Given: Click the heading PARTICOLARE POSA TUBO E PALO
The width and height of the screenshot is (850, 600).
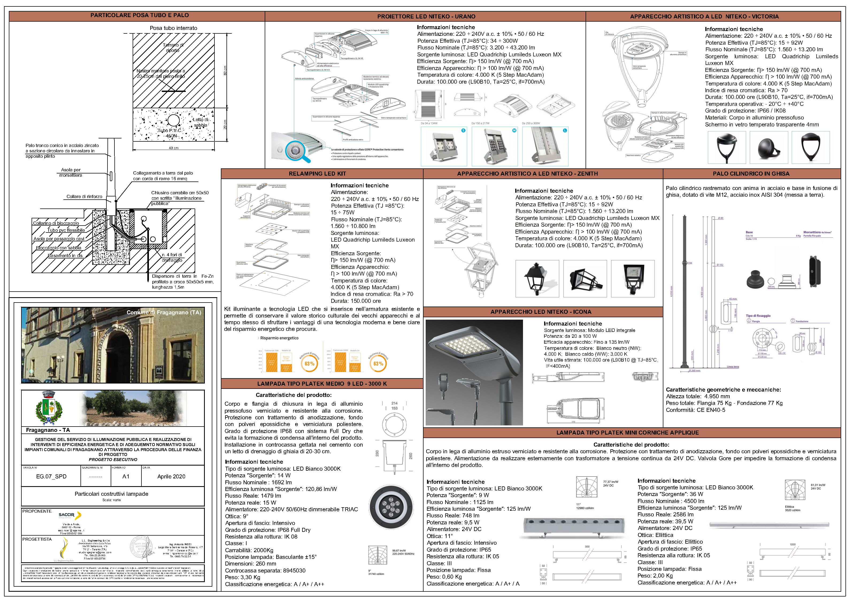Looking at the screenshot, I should click(140, 15).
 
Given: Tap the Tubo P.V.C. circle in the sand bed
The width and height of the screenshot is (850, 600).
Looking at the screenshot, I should click(173, 121).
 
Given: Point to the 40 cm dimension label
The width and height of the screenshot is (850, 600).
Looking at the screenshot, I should click(173, 148).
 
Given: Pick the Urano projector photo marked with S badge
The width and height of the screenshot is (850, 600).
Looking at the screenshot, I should click(444, 146).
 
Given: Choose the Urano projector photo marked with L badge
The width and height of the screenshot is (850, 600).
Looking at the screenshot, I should click(545, 146).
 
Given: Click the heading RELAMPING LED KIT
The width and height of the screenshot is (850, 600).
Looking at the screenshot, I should click(317, 174).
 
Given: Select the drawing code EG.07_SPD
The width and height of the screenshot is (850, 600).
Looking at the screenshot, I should click(51, 476).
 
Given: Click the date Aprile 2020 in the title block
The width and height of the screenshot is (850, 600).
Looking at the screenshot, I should click(171, 476).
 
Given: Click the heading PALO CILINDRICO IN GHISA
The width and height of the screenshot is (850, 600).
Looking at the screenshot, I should click(751, 174).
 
